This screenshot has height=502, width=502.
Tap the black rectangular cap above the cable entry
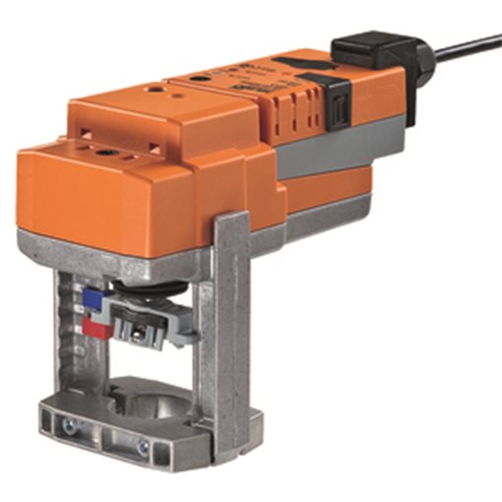coord(368,45)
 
